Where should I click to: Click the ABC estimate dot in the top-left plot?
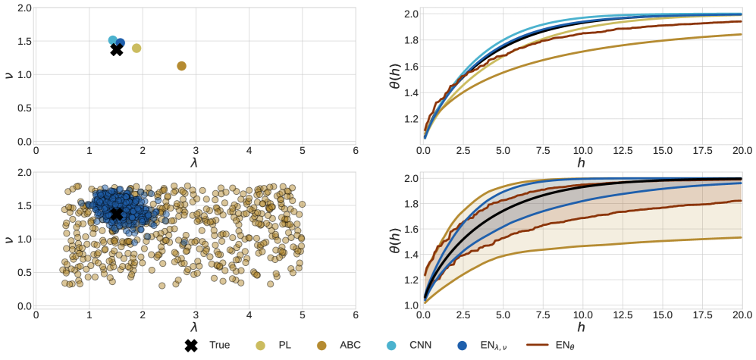pos(181,66)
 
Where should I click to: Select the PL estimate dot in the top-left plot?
pos(136,49)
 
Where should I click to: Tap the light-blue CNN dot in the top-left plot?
pos(113,40)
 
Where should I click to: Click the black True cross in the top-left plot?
pos(117,49)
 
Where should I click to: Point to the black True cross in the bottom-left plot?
pos(117,214)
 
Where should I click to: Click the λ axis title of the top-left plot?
pos(196,161)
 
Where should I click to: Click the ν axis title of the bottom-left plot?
pos(8,239)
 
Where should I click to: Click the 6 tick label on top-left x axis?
pos(356,149)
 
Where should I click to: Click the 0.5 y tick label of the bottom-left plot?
pos(23,272)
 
